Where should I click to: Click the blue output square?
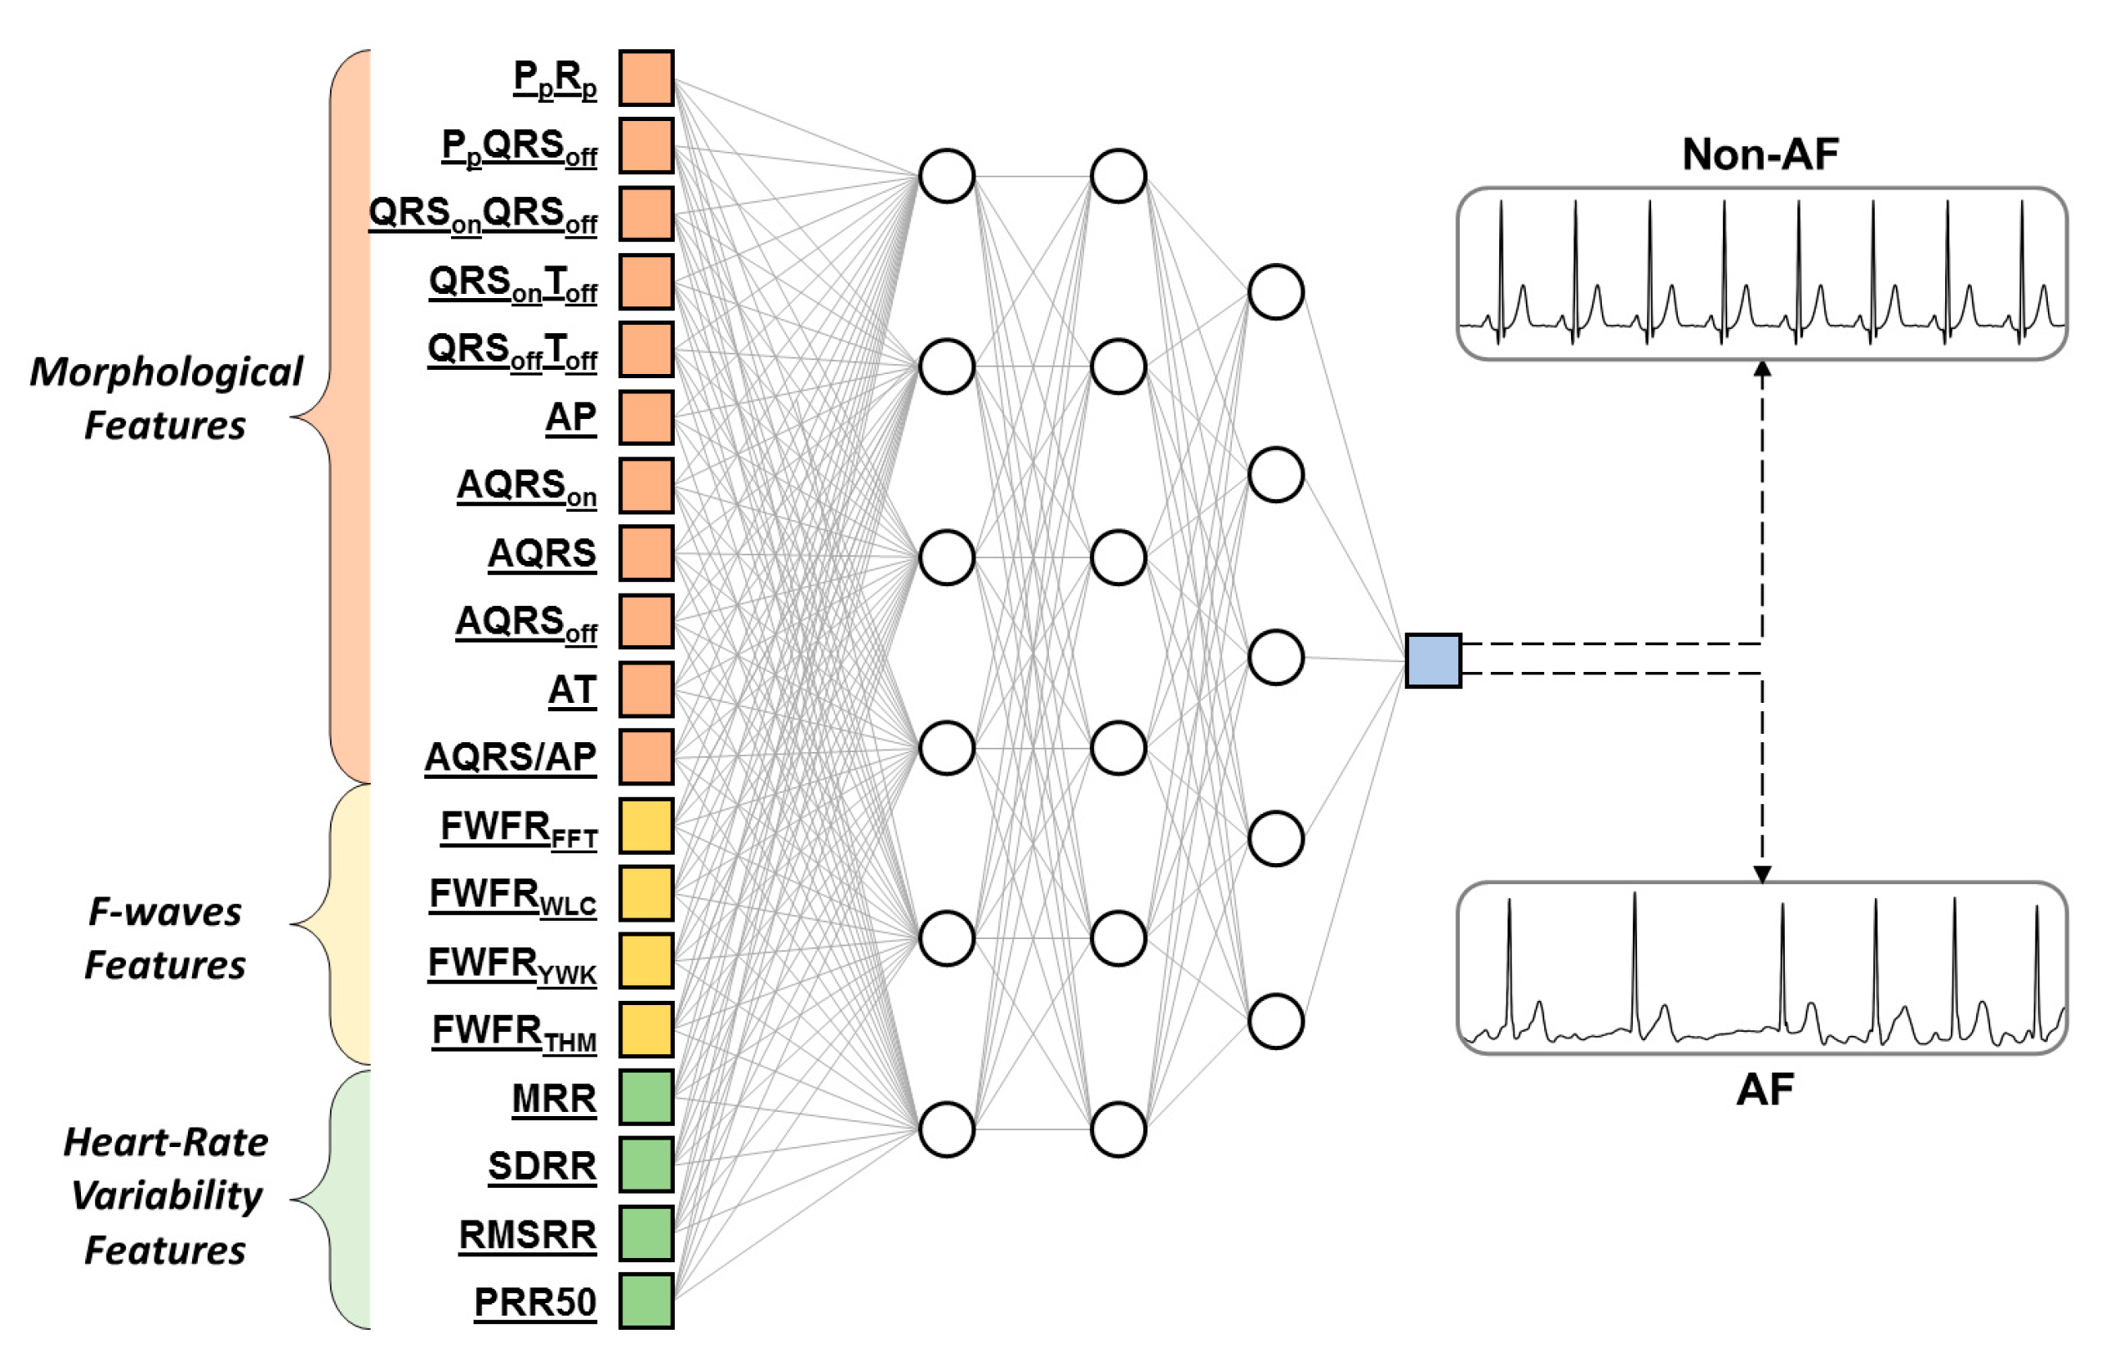pos(1432,660)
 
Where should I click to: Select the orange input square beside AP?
pos(646,417)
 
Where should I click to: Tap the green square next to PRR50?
pos(646,1301)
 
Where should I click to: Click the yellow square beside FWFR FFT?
pos(646,826)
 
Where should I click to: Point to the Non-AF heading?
pos(1760,154)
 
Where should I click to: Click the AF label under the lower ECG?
pos(1764,1090)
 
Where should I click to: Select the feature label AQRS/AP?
pos(510,757)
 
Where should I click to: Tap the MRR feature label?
pos(554,1099)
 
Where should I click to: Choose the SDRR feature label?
pos(542,1167)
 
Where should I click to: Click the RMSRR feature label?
pos(528,1235)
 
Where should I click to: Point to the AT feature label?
pos(571,690)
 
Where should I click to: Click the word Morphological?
pos(166,372)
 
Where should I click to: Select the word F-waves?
pos(165,912)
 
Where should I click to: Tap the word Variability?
pos(166,1195)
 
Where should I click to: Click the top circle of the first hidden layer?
pos(946,176)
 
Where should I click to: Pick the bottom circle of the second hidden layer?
pos(1117,1129)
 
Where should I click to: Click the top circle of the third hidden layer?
pos(1275,292)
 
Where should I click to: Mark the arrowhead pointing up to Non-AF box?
pos(1762,370)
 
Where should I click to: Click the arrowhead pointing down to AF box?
pos(1762,874)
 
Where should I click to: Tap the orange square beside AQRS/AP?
pos(646,757)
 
